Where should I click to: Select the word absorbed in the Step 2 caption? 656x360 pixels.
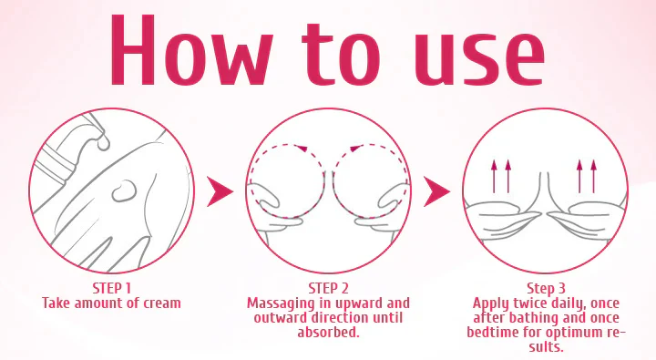329,333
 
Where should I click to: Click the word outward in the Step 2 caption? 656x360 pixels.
280,318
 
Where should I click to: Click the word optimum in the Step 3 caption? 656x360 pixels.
576,333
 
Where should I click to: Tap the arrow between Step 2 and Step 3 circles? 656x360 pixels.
437,191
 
